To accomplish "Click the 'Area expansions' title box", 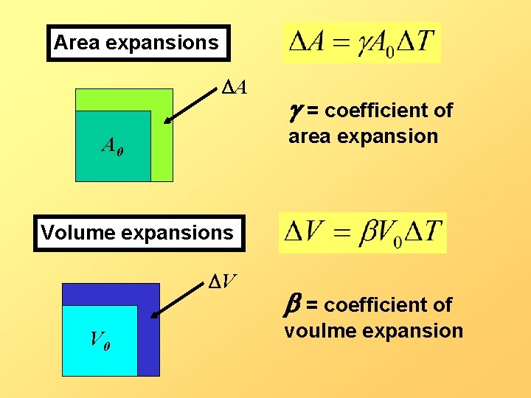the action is point(138,43).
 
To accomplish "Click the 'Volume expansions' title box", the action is point(138,233).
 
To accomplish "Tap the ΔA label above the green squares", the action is point(235,88).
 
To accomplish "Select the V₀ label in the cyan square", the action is point(101,339).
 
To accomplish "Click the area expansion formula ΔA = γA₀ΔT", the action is point(362,42).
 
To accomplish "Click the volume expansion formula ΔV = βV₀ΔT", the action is point(363,233).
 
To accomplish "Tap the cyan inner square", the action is point(100,346).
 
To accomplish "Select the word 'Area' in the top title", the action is point(77,43).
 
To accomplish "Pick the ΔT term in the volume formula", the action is point(423,232).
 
